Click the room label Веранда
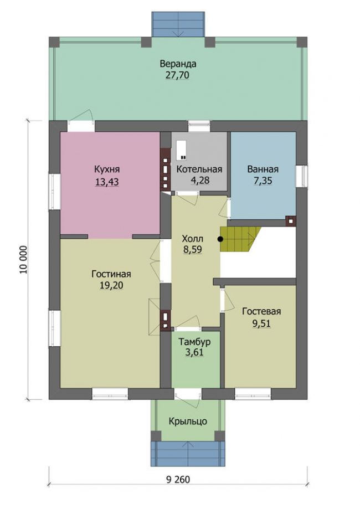pos(178,64)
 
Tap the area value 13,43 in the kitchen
pos(107,182)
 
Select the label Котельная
pos(199,169)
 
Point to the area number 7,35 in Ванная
pos(263,181)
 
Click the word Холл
pos(193,239)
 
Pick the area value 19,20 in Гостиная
pos(111,285)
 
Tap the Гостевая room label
pos(261,311)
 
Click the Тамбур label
pos(195,342)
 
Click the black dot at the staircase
pos(220,239)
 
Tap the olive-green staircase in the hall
pos(240,239)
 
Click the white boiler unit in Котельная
pos(182,151)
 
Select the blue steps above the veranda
pos(178,25)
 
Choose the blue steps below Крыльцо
pos(188,454)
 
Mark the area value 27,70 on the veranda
pos(177,75)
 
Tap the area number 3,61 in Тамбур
pos(194,353)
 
